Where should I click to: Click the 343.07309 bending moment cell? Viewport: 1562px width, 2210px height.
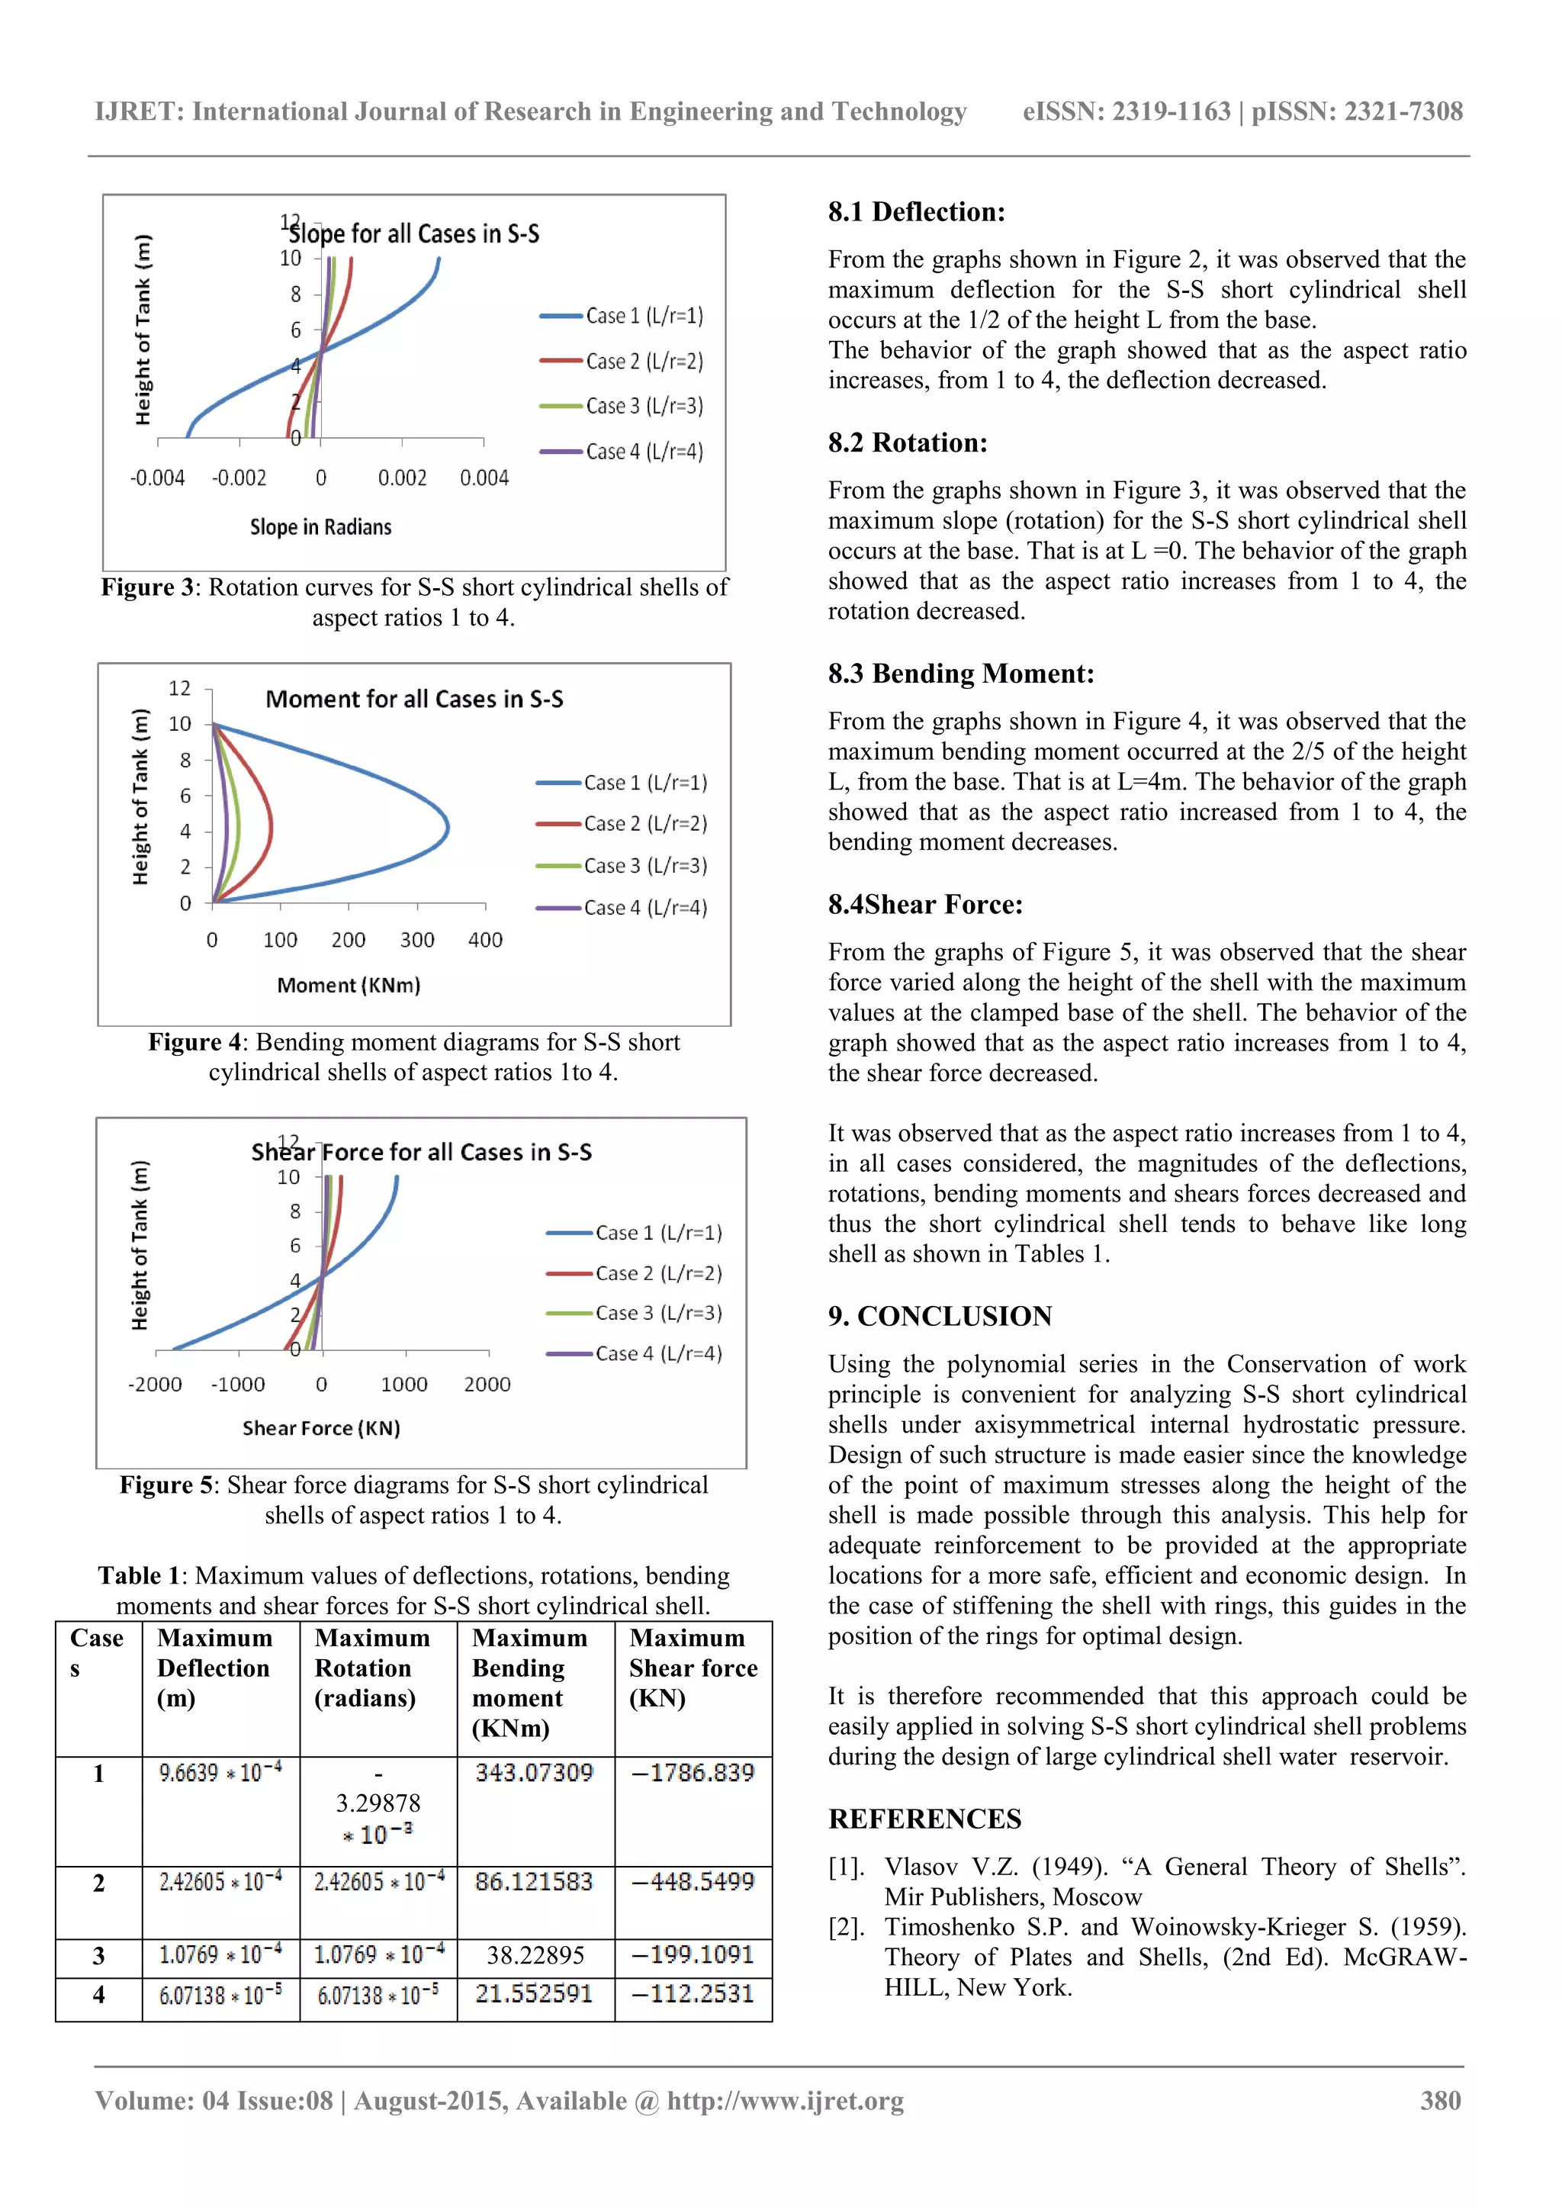534,1772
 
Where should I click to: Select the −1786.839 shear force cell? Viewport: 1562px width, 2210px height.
693,1772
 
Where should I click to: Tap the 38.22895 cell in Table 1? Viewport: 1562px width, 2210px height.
535,1955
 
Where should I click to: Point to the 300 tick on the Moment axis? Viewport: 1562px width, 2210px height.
416,939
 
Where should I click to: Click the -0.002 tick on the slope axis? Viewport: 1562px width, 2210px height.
239,478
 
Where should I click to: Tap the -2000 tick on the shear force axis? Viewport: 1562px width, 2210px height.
155,1384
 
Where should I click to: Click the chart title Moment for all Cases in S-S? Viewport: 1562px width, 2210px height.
414,699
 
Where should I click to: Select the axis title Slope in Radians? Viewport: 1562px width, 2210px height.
320,526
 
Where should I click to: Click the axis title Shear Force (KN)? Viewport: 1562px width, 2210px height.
320,1427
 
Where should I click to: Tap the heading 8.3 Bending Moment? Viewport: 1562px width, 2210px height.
960,673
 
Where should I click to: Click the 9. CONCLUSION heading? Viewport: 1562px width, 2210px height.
940,1316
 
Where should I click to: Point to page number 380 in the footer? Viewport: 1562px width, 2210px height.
1440,2100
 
